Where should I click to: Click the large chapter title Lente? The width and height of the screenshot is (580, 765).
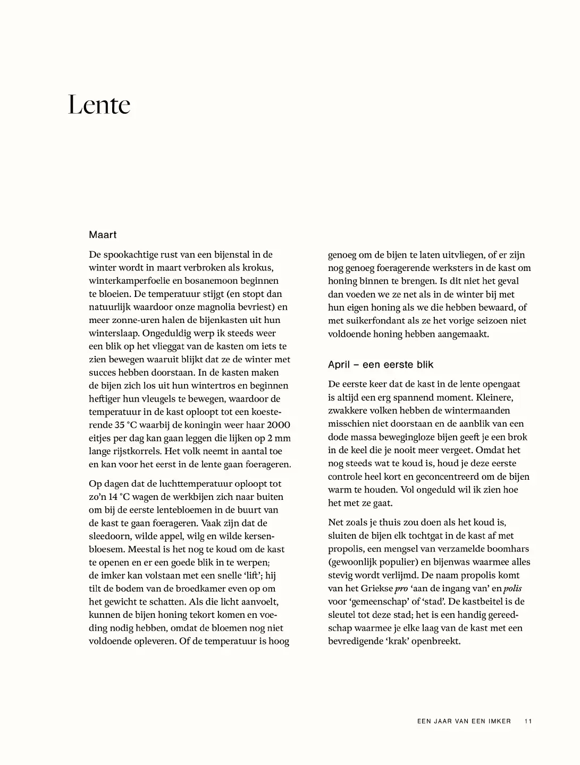click(x=99, y=105)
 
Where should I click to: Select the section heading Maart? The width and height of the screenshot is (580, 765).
click(x=103, y=235)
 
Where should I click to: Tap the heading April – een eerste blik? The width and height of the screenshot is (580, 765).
click(x=381, y=364)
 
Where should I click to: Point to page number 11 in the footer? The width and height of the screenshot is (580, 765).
click(x=528, y=721)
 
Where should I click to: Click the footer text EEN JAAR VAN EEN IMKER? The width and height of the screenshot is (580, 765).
click(x=464, y=721)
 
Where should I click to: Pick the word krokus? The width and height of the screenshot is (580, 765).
click(x=259, y=268)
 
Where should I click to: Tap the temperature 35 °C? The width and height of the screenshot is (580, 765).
click(x=128, y=425)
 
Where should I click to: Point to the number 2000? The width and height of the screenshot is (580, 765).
click(x=278, y=425)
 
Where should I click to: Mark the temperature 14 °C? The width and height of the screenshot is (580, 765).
click(x=117, y=497)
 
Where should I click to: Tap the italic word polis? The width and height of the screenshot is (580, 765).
click(x=512, y=589)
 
